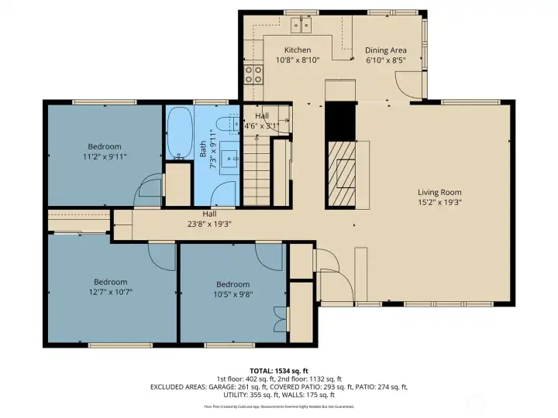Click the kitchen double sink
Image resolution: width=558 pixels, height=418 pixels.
[x=301, y=26]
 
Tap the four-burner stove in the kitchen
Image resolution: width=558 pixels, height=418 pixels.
[x=253, y=74]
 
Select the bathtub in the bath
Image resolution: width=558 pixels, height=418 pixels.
[x=179, y=132]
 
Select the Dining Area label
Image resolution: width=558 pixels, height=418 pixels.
[x=385, y=50]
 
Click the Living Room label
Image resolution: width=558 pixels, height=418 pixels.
[x=439, y=193]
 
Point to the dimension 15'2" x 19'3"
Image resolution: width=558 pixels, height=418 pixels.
[x=439, y=203]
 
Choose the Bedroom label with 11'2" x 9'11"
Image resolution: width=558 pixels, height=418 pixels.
[x=104, y=146]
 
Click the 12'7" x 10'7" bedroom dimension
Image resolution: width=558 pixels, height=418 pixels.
[x=111, y=292]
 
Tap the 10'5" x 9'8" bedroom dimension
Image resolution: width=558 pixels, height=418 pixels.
[x=233, y=294]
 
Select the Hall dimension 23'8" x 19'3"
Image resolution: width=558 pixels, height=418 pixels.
[x=209, y=224]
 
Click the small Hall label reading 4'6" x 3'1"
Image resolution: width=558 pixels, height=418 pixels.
[x=262, y=125]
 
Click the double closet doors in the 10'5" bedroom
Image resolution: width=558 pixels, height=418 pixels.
[x=278, y=319]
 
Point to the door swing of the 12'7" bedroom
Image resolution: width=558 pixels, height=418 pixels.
[x=162, y=255]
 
